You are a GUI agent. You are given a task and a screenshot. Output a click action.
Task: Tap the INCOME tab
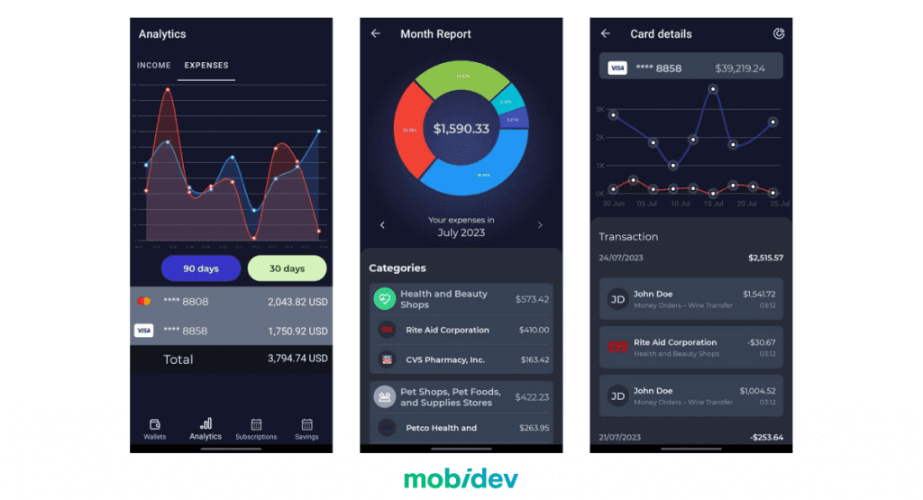(153, 66)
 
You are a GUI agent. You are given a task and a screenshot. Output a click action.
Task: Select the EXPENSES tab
(206, 66)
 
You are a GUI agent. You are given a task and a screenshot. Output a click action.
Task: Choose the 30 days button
(288, 268)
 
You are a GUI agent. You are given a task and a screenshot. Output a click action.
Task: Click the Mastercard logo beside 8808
(143, 302)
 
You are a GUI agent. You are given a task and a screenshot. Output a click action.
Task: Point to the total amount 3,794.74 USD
(297, 359)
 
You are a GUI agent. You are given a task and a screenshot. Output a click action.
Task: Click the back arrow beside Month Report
(376, 34)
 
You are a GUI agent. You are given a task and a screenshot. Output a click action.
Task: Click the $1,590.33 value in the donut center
(461, 129)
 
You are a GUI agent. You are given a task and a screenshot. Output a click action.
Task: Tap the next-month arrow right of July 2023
(540, 225)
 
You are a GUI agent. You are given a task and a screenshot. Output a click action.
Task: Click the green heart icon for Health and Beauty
(385, 299)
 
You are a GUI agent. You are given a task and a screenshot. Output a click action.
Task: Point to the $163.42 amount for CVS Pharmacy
(535, 359)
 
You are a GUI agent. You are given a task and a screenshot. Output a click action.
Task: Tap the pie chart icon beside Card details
(779, 34)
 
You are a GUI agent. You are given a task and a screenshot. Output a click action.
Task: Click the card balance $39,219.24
(740, 68)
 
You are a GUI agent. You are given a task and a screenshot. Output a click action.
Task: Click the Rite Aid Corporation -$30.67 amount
(760, 342)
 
